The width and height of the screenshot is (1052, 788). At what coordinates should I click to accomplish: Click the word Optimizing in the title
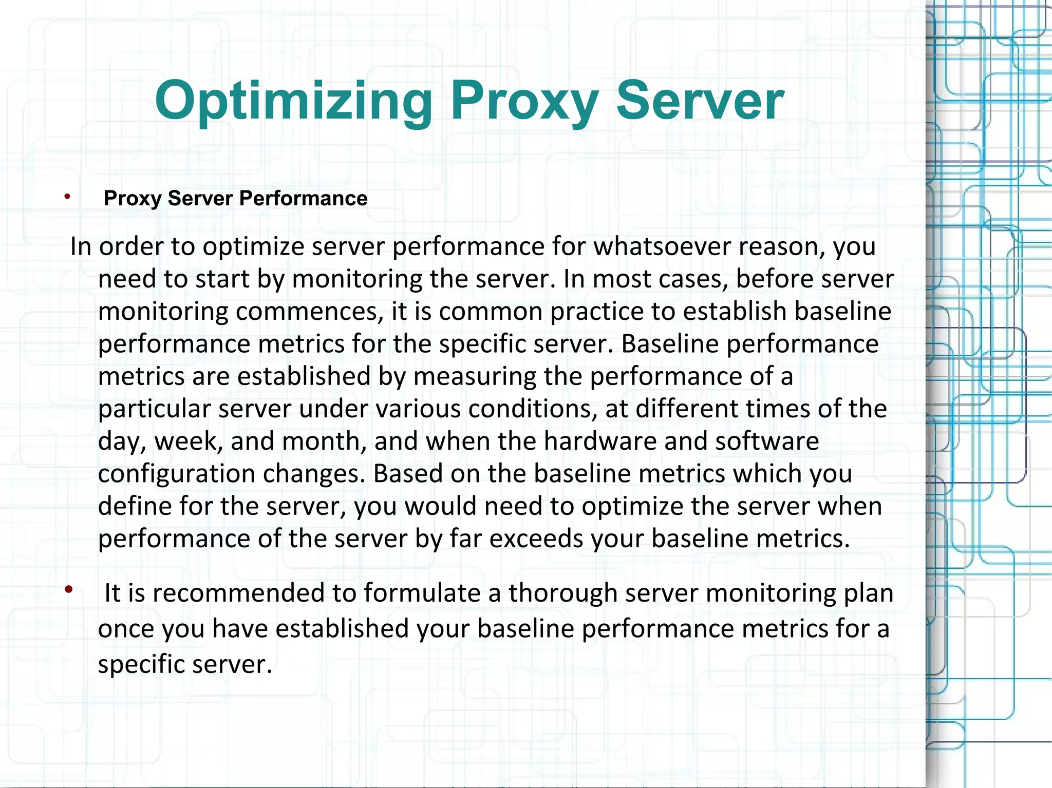click(293, 102)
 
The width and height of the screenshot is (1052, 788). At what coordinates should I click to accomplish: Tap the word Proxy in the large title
click(524, 102)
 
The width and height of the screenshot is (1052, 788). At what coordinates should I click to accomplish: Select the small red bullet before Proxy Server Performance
click(67, 196)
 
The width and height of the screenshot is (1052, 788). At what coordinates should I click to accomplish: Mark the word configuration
click(176, 474)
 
